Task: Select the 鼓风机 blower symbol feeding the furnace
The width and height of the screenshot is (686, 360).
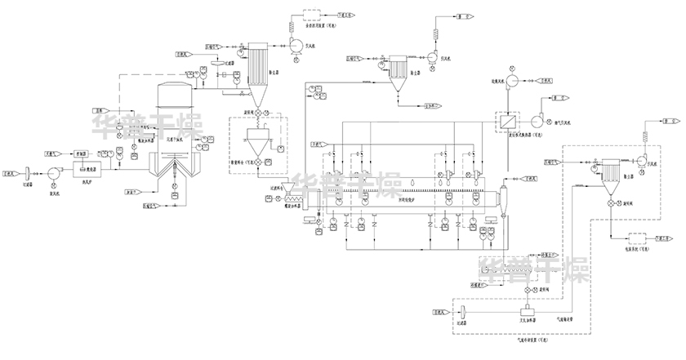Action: [x=55, y=172]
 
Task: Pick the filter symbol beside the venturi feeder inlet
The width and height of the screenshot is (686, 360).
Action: [x=462, y=313]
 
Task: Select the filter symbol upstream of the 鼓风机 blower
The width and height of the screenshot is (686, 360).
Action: [x=28, y=172]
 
